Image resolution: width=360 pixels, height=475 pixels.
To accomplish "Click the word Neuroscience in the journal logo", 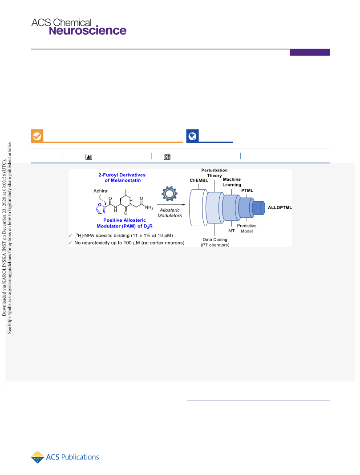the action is pyautogui.click(x=88, y=31).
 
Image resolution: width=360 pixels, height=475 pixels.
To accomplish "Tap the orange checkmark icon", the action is pyautogui.click(x=37, y=136).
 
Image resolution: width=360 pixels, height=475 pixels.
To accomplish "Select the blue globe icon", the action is pyautogui.click(x=192, y=136).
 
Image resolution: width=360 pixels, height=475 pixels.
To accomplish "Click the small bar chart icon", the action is pyautogui.click(x=89, y=157).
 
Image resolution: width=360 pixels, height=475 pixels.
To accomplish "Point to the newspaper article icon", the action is pyautogui.click(x=167, y=157).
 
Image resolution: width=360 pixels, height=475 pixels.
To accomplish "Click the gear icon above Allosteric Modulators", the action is pyautogui.click(x=170, y=193).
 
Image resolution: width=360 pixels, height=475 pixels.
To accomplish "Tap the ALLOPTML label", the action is pyautogui.click(x=280, y=207).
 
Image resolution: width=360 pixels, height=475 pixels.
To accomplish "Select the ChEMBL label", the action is pyautogui.click(x=199, y=180).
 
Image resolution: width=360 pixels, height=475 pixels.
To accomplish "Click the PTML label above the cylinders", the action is pyautogui.click(x=247, y=190).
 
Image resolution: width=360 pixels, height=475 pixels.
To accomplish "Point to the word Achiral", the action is pyautogui.click(x=101, y=191).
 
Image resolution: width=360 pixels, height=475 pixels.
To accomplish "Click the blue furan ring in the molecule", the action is pyautogui.click(x=101, y=208).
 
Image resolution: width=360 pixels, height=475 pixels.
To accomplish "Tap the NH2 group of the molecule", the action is pyautogui.click(x=149, y=207).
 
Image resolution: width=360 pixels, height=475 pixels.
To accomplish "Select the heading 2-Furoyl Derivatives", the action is pyautogui.click(x=122, y=175).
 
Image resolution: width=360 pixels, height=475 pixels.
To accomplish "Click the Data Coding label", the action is pyautogui.click(x=215, y=240).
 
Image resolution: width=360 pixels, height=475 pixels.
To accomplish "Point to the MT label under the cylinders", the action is pyautogui.click(x=231, y=231).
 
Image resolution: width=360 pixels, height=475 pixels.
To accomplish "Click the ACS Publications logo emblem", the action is pyautogui.click(x=37, y=457).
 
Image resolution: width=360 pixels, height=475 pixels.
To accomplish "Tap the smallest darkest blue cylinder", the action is pyautogui.click(x=259, y=208).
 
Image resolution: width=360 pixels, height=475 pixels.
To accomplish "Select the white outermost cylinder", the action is pyautogui.click(x=198, y=208).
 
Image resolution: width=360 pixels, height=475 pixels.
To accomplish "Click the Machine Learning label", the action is pyautogui.click(x=232, y=182).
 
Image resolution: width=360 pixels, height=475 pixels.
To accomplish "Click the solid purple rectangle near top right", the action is pyautogui.click(x=309, y=53).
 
